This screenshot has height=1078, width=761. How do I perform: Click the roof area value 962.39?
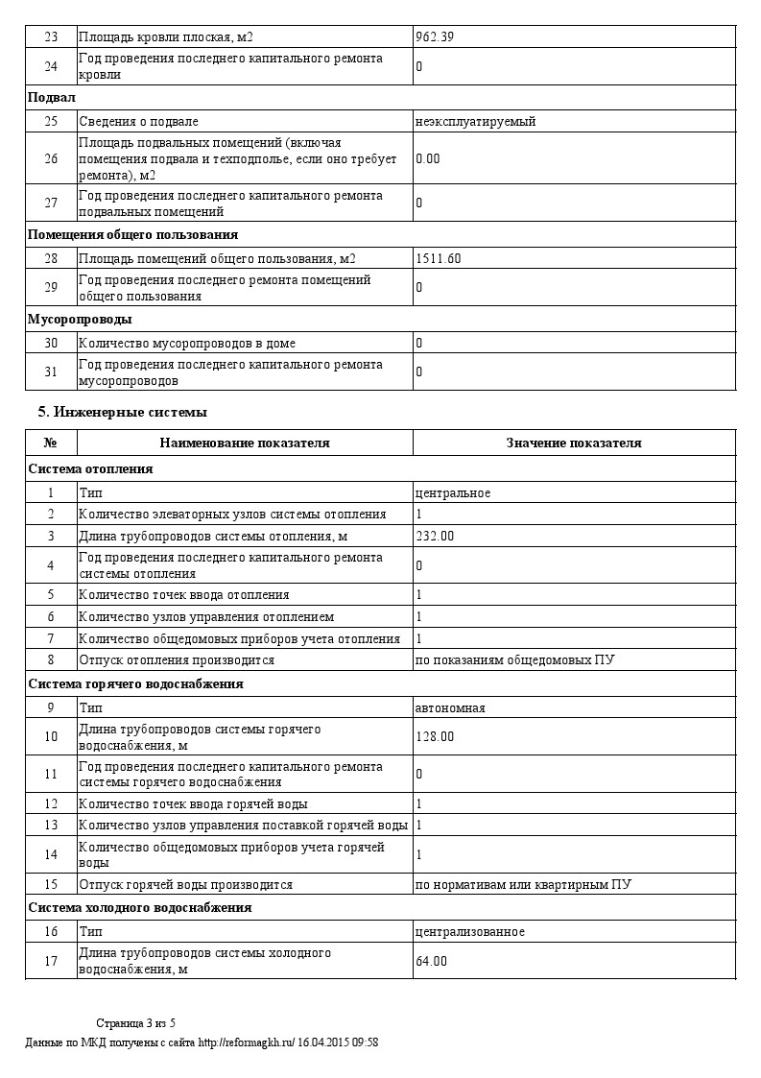tap(435, 37)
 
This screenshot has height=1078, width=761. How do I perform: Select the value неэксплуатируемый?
tap(475, 122)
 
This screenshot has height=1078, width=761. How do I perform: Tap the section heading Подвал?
tap(52, 98)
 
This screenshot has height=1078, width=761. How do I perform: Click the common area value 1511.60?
tap(439, 258)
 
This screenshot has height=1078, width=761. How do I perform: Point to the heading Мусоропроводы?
tap(80, 319)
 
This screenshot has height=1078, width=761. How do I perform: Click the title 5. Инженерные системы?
tap(122, 412)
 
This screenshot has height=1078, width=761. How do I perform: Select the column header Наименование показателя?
tap(245, 443)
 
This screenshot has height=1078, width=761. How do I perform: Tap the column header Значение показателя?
tap(574, 443)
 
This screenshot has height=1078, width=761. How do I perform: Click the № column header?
tap(51, 443)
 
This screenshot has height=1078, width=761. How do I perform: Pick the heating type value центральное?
tap(453, 493)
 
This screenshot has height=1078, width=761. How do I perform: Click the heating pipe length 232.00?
tap(435, 536)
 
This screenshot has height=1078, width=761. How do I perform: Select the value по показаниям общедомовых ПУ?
tap(515, 660)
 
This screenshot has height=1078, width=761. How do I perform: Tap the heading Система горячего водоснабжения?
tap(135, 684)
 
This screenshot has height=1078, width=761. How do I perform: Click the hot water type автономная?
tap(450, 708)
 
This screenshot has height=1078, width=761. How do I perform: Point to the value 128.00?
tap(435, 736)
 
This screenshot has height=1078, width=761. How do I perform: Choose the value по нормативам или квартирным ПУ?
tap(523, 884)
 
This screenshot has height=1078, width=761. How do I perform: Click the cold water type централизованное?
tap(470, 932)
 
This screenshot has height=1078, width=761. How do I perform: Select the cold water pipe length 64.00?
tap(432, 961)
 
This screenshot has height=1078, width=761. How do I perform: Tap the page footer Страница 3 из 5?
tap(136, 1022)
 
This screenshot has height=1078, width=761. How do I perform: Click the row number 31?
tap(51, 371)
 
